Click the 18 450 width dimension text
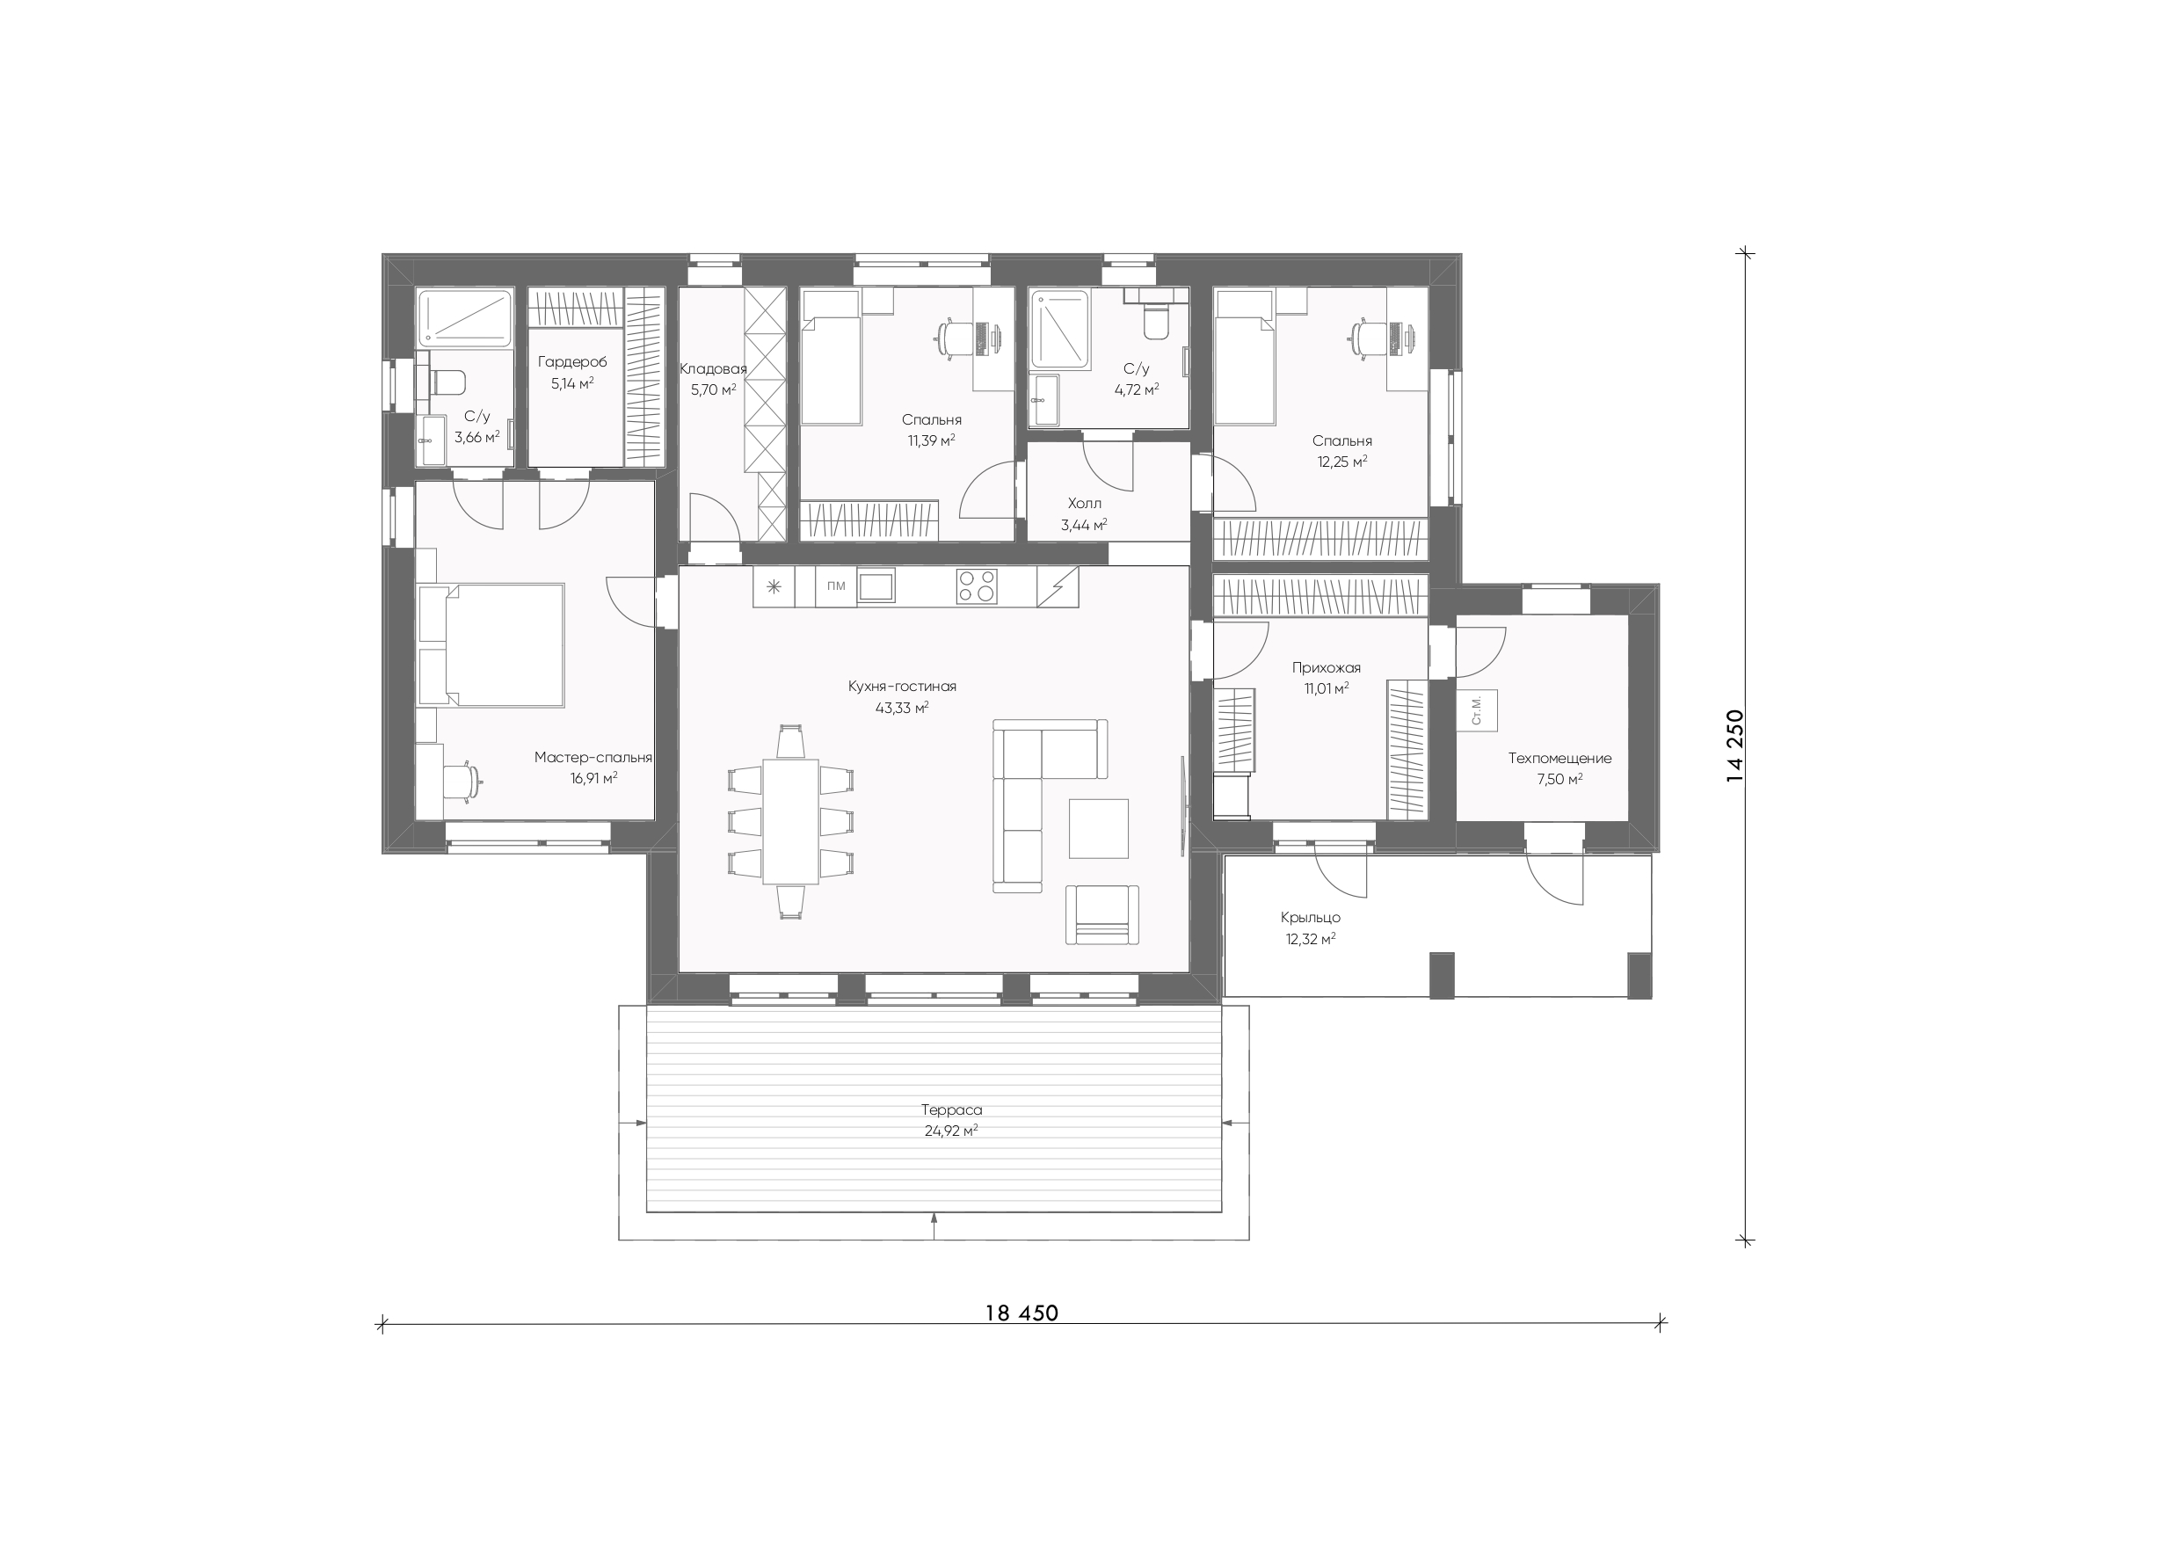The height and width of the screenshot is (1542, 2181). coord(1021,1313)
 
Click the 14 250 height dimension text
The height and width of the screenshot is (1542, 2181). coord(1735,746)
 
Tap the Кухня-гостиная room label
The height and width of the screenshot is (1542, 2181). coord(901,686)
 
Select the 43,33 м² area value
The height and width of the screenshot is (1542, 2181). coord(901,708)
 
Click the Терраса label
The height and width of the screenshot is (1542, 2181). coord(951,1109)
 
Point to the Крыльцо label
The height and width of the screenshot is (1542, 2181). coord(1310,918)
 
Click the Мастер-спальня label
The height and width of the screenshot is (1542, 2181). coord(593,758)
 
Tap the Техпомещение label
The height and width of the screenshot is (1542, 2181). coord(1559,758)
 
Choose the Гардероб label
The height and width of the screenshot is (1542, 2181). coord(572,362)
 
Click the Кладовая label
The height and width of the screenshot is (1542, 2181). coord(714,368)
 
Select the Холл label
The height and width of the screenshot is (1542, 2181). coord(1084,504)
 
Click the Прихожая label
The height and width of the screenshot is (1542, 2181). coord(1326,668)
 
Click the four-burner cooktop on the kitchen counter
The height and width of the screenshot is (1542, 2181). coord(977,586)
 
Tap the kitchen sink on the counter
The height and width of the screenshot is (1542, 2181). coord(876,586)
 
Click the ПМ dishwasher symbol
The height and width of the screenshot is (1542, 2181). coord(836,586)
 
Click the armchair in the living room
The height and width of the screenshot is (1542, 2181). coord(1101,914)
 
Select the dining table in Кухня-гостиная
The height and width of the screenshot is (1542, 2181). coord(791,820)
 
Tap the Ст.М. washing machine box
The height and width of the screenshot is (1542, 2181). coord(1477,709)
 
